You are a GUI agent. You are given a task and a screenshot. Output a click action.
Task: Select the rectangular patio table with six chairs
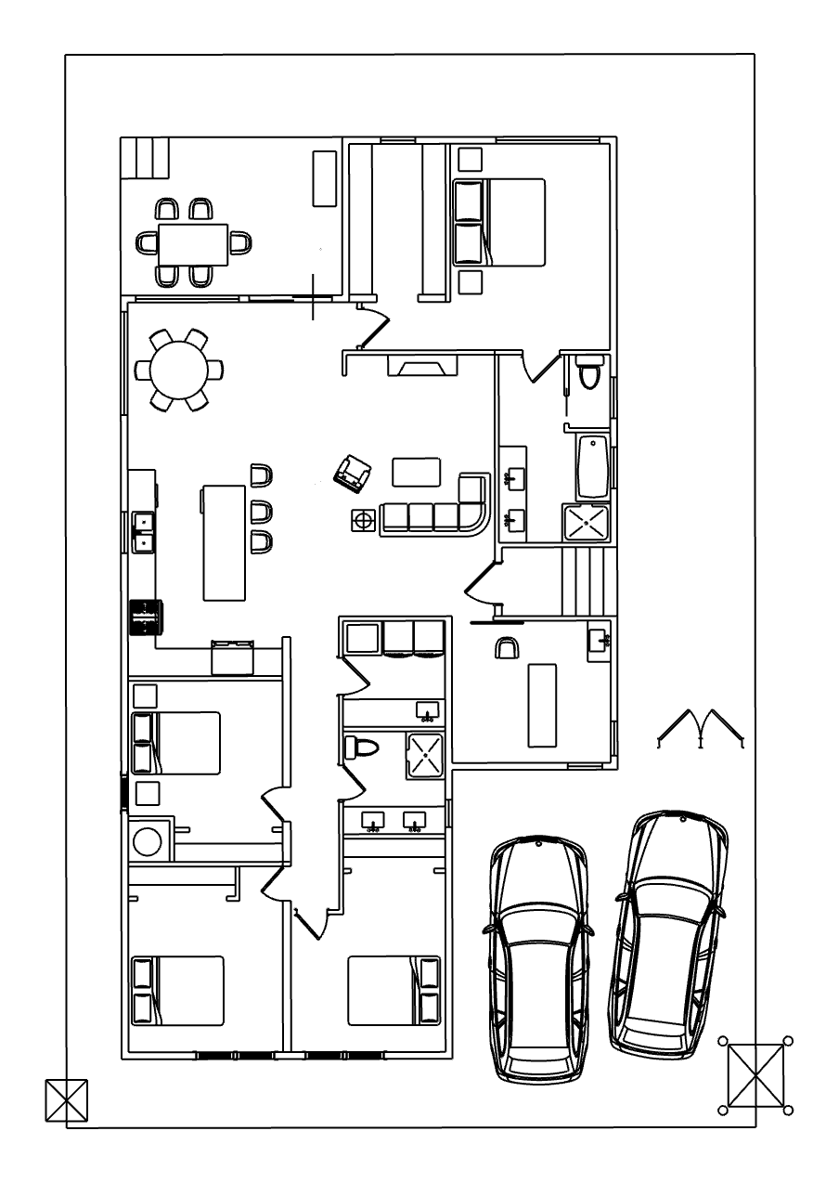[x=193, y=243]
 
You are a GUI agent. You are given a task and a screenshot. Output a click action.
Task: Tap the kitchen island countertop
[x=224, y=542]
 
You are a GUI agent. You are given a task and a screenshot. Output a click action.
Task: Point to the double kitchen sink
[x=143, y=532]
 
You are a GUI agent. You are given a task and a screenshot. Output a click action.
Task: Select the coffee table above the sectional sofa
[x=415, y=472]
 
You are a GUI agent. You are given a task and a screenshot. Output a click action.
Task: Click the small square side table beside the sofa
[x=362, y=520]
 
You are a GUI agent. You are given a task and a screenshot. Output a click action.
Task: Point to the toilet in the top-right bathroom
[x=588, y=374]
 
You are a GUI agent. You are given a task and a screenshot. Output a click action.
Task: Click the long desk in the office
[x=542, y=704]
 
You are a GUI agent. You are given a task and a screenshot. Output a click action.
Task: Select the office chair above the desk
[x=507, y=647]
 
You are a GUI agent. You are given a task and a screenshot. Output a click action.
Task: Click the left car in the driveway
[x=538, y=956]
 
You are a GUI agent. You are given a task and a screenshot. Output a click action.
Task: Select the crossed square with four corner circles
[x=755, y=1075]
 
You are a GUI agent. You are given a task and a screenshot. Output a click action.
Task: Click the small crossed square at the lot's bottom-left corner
[x=66, y=1101]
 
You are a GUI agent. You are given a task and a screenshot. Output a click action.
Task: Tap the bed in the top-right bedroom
[x=498, y=222]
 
